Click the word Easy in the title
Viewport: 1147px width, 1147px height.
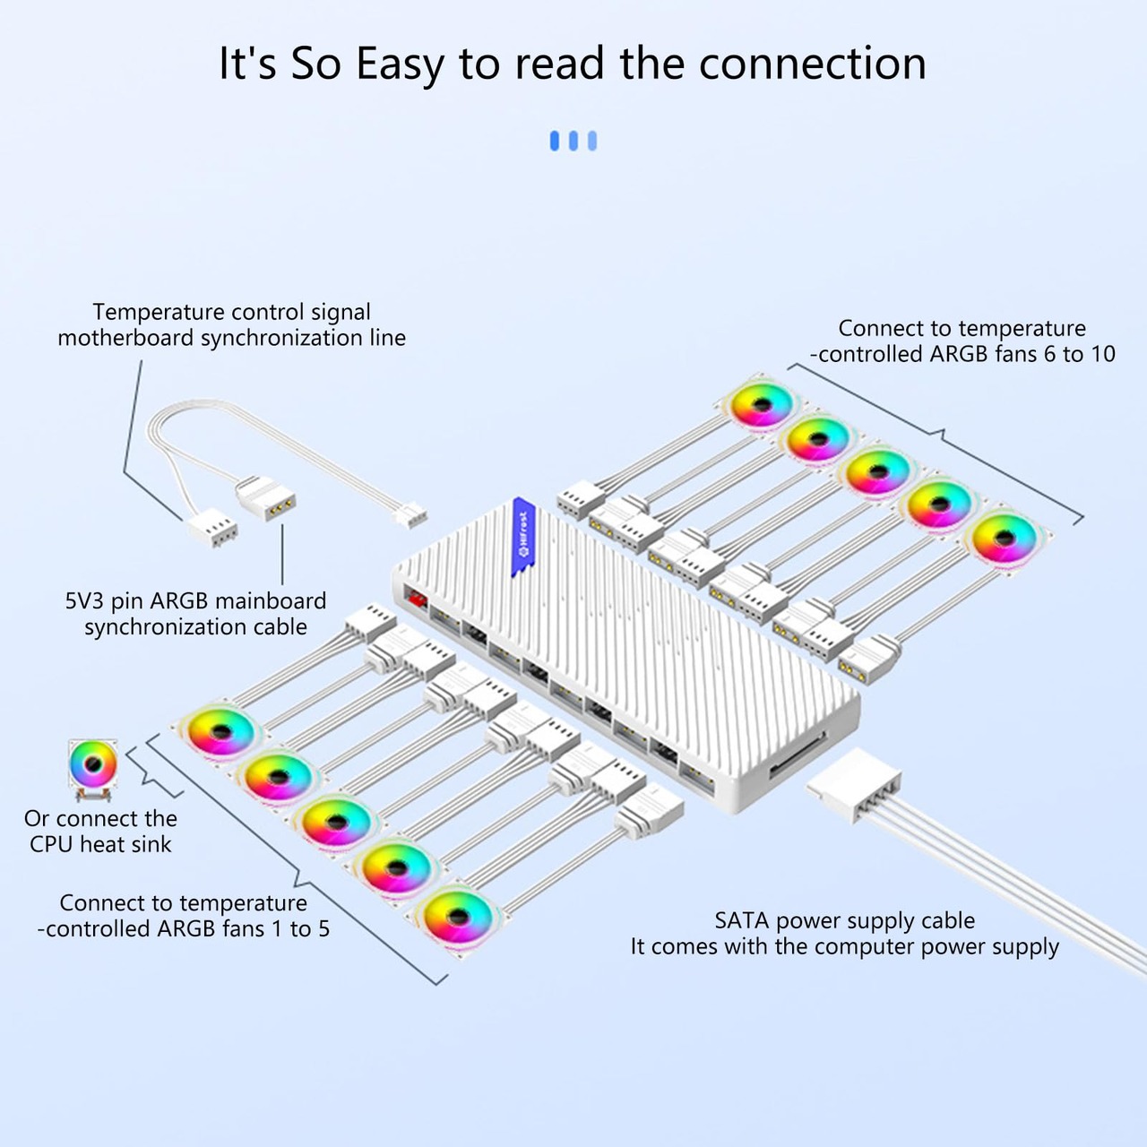click(399, 65)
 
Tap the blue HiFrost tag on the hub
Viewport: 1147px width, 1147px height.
click(523, 536)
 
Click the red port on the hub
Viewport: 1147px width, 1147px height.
click(415, 598)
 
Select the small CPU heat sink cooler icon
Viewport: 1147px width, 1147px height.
click(92, 767)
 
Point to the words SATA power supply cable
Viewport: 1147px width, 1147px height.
click(844, 920)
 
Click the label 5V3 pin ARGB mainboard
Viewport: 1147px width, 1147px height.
click(195, 600)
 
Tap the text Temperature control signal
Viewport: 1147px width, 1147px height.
click(231, 312)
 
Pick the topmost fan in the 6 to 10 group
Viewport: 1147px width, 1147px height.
click(761, 406)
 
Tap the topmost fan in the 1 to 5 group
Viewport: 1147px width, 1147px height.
click(220, 731)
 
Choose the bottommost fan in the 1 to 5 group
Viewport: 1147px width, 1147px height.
click(457, 915)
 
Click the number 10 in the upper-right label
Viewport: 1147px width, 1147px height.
click(1102, 354)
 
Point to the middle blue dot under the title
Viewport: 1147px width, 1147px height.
click(573, 141)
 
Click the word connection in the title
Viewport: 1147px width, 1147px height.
click(812, 65)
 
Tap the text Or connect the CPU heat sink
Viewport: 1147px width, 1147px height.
click(100, 831)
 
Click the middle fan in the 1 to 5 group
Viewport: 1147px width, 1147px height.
click(336, 822)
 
